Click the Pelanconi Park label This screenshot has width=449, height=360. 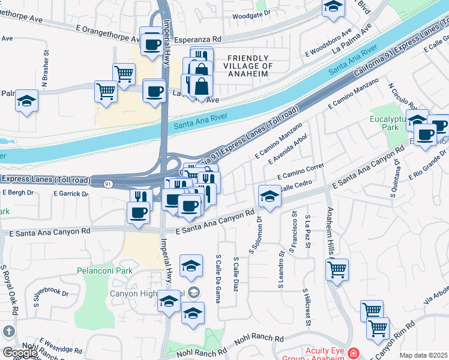104,271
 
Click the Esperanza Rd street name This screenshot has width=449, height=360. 197,40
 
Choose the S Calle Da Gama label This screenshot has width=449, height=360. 218,279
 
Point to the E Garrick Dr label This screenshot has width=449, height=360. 71,194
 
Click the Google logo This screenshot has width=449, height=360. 20,353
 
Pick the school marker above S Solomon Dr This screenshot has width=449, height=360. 270,196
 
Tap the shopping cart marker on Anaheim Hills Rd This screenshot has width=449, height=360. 337,268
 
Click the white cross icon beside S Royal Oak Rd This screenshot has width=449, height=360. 8,331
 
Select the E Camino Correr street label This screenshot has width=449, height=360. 301,171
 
